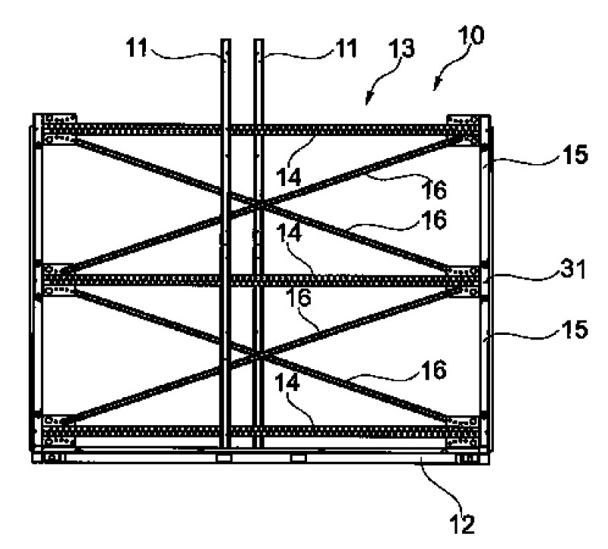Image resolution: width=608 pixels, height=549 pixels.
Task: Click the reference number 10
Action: point(470,36)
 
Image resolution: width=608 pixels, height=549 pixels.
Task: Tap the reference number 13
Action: point(402,49)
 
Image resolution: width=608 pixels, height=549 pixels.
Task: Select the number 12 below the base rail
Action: point(463,524)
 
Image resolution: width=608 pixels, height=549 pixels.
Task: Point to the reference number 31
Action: point(573,269)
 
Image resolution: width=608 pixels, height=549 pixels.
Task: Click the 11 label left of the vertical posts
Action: point(138,49)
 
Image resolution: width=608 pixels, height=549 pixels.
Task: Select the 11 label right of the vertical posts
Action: point(346,49)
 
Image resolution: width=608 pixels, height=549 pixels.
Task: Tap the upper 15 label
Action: point(575,154)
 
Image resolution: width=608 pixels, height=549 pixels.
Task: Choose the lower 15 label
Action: point(575,330)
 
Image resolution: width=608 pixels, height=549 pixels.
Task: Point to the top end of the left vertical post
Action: point(226,39)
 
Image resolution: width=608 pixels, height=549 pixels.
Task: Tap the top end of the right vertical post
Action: point(259,39)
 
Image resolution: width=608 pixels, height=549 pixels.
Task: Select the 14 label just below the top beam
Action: point(289,177)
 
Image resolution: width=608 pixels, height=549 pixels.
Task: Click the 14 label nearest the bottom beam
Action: point(287,383)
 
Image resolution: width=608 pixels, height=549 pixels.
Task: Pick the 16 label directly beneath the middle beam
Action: point(299,298)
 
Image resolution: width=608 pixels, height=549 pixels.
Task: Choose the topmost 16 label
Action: point(434,190)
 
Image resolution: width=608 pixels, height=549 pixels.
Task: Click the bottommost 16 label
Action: point(434,370)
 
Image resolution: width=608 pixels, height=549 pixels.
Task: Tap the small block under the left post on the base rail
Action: point(223,459)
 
